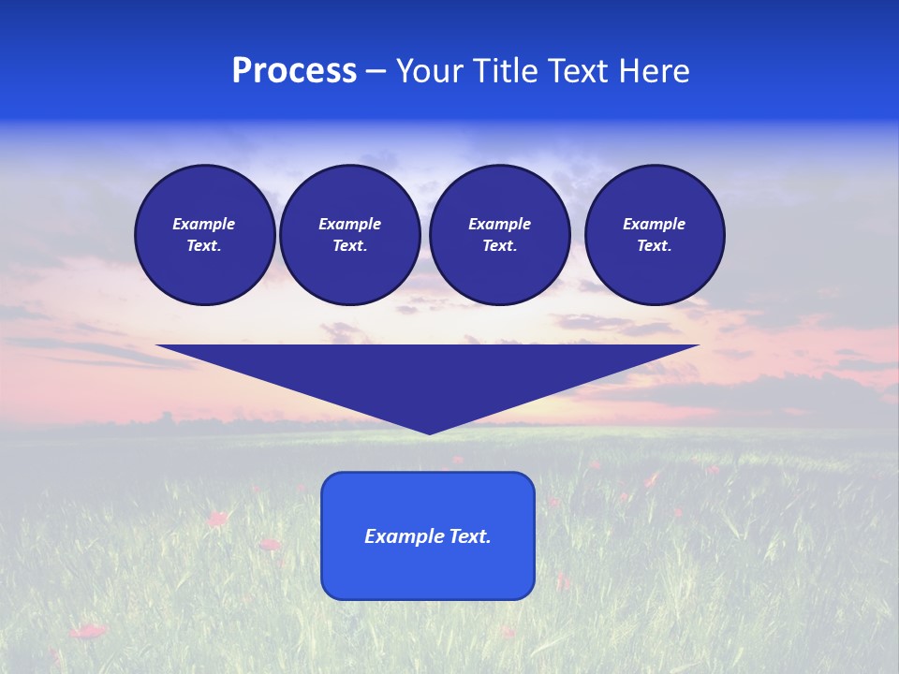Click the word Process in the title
pyautogui.click(x=294, y=71)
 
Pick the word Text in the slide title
pyautogui.click(x=579, y=71)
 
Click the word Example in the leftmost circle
pyautogui.click(x=204, y=224)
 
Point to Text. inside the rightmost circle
pyautogui.click(x=655, y=245)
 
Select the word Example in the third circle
pyautogui.click(x=499, y=224)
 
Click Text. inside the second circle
pyautogui.click(x=349, y=245)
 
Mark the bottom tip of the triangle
pyautogui.click(x=429, y=432)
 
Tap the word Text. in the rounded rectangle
pyautogui.click(x=471, y=536)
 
